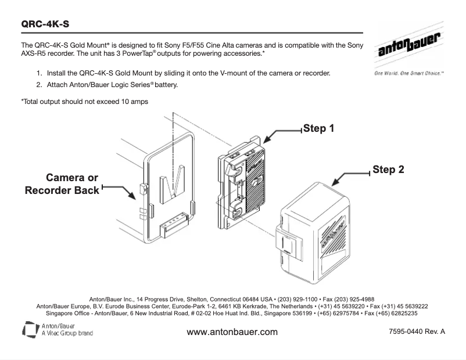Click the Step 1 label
[x=318, y=128]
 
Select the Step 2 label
[x=388, y=171]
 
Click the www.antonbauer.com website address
[x=232, y=332]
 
